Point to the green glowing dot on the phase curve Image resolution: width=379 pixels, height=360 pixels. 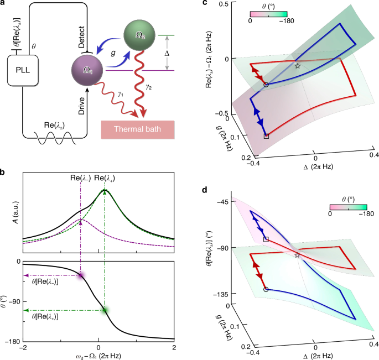(105, 310)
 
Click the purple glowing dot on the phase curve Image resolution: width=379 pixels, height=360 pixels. (81, 275)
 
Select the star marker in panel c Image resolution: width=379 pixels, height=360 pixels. (298, 66)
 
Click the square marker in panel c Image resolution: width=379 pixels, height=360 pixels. (267, 135)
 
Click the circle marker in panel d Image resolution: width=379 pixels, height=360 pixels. (266, 289)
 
